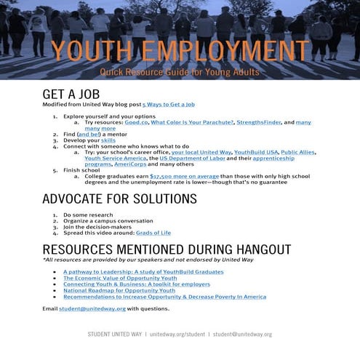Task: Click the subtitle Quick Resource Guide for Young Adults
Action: point(179,73)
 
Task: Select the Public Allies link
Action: point(299,152)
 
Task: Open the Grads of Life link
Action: point(168,233)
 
